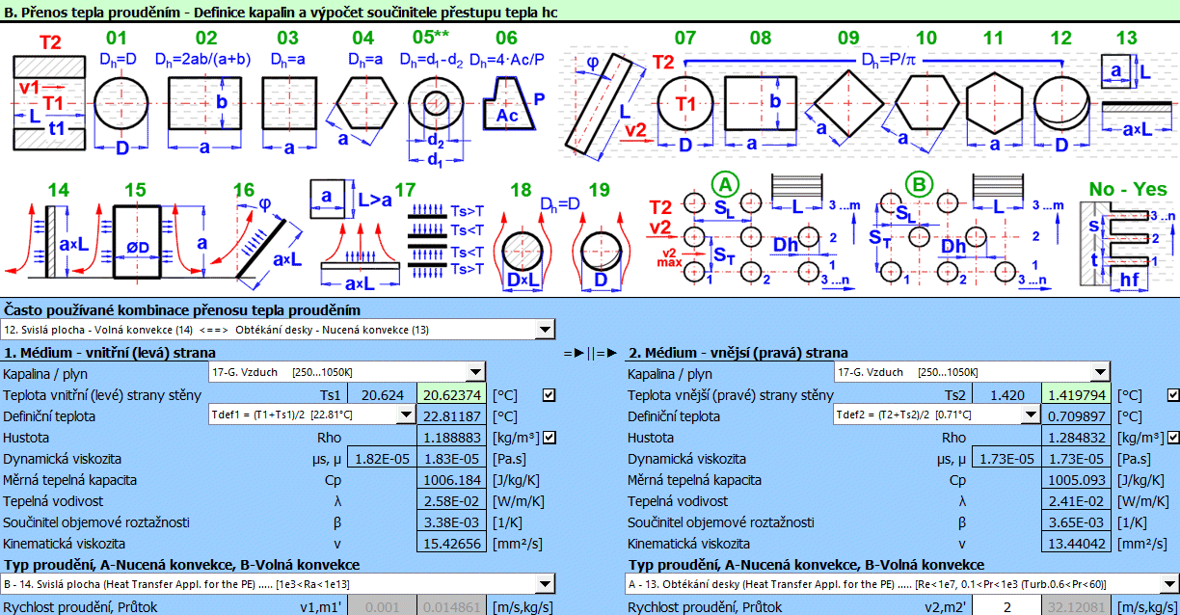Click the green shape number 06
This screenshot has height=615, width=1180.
tap(506, 39)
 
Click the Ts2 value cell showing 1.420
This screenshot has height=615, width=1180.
tap(1006, 395)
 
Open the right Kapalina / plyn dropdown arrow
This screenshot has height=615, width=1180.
tap(1100, 373)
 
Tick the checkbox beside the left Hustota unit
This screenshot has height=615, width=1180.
tap(549, 438)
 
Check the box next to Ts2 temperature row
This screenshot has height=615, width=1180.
tap(1173, 395)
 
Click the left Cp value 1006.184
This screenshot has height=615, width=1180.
tap(452, 480)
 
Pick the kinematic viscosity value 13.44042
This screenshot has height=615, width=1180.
tap(1077, 544)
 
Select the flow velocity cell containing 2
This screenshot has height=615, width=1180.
tap(1006, 607)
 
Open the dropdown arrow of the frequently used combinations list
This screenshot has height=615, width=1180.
tap(546, 331)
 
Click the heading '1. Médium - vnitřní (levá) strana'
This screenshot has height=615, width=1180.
tap(110, 353)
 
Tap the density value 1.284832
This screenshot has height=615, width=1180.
tap(1077, 438)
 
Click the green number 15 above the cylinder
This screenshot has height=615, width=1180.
tap(136, 190)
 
